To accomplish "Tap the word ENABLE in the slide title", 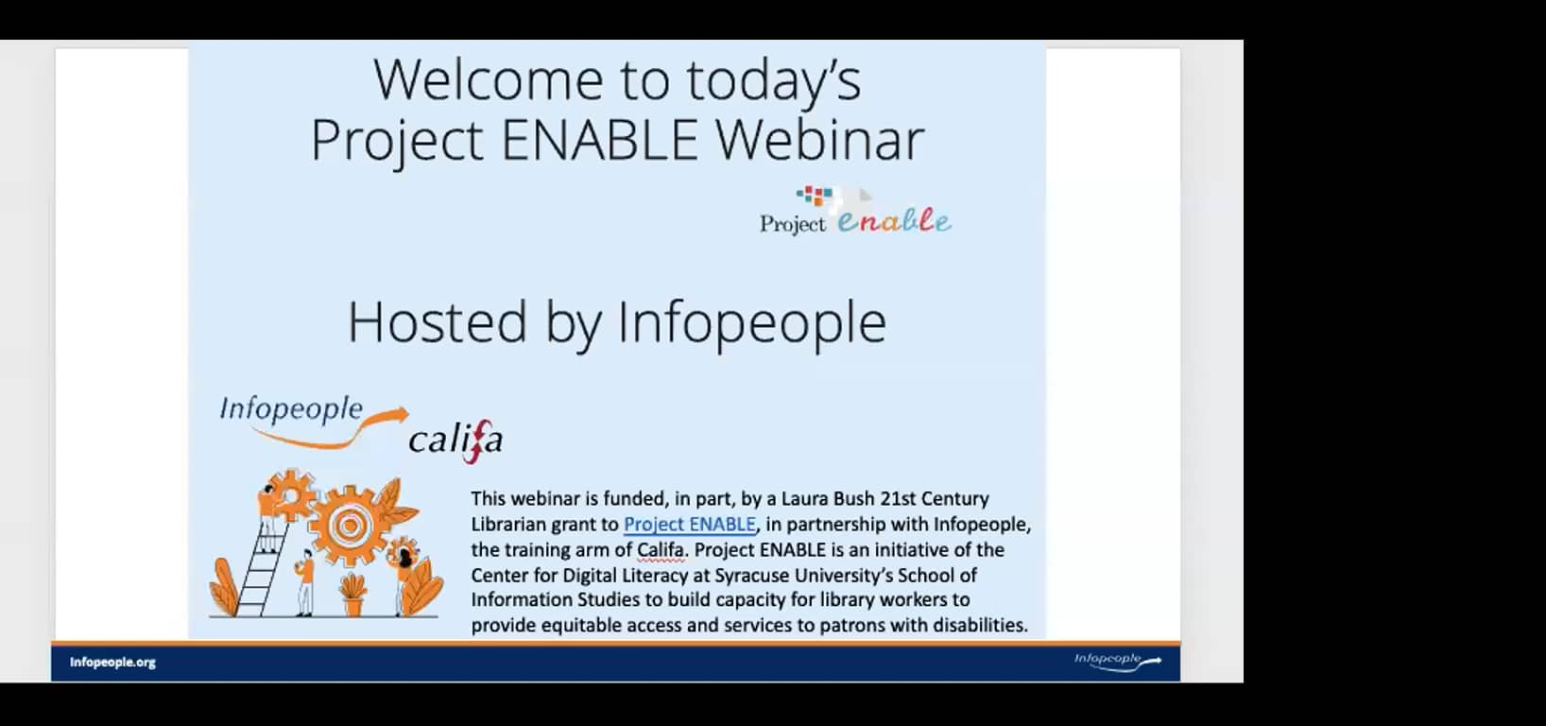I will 599,140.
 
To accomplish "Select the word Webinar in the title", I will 818,140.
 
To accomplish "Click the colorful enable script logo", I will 894,221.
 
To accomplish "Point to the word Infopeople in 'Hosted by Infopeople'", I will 751,322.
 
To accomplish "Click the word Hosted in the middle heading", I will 438,322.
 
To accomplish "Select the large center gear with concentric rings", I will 349,524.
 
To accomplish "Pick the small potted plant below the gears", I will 353,595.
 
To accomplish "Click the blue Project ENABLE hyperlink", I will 690,525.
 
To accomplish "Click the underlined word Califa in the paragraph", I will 660,550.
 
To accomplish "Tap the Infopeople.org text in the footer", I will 112,663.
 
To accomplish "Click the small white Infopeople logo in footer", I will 1116,661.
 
